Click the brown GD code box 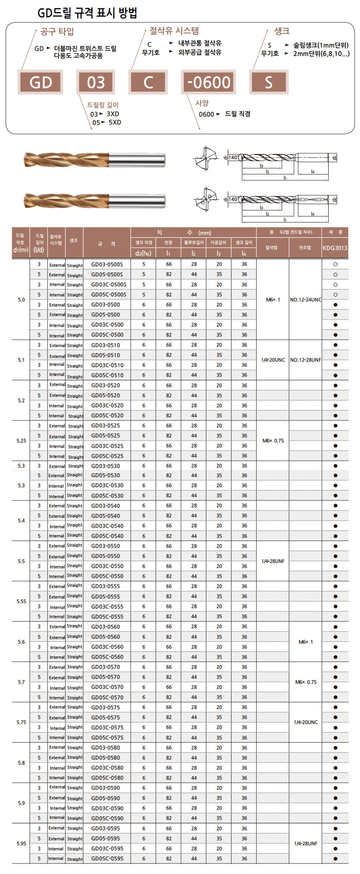(41, 82)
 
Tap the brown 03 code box (96, 82)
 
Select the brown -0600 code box (208, 82)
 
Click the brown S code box (268, 82)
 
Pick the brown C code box (148, 82)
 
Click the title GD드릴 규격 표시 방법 (87, 13)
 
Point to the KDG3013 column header (335, 248)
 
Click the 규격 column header (107, 243)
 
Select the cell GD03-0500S (107, 264)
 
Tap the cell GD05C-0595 (107, 859)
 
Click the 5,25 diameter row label (21, 441)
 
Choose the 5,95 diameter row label (21, 843)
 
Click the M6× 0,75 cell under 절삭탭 (273, 441)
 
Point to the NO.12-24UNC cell (306, 300)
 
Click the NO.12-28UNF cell (306, 360)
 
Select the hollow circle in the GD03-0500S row (335, 264)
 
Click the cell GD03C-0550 (107, 566)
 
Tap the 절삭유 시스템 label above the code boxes (174, 31)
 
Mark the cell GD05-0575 (105, 717)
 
